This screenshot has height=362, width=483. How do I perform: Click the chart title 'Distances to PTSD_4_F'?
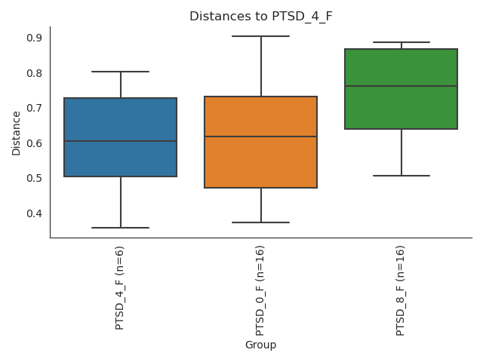click(x=260, y=16)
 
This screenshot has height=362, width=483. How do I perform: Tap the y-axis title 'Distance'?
click(x=17, y=133)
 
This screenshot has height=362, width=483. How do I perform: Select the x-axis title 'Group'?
click(x=260, y=345)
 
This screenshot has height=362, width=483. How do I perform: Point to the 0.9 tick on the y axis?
click(x=35, y=38)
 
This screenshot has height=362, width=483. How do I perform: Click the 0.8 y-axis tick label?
click(x=35, y=73)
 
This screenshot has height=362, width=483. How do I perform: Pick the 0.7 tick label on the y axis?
click(x=35, y=108)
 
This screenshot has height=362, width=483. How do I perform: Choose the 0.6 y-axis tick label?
click(x=35, y=143)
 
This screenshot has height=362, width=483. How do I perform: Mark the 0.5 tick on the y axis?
click(x=35, y=178)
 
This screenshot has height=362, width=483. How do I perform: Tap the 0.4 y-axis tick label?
click(x=35, y=213)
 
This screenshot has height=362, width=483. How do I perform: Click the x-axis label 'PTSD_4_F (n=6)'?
click(x=120, y=287)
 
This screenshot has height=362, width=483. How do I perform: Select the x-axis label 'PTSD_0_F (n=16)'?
click(x=260, y=290)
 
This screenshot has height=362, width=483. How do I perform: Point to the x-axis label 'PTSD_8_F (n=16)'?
click(x=401, y=290)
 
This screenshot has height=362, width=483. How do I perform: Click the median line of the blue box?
click(x=120, y=141)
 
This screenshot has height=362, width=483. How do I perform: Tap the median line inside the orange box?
click(x=260, y=137)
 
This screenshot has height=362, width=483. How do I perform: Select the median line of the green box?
click(x=401, y=86)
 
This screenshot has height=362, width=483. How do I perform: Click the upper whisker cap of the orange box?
click(x=260, y=36)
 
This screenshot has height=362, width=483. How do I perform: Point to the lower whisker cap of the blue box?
click(x=120, y=228)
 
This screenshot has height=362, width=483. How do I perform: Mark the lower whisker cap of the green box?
click(x=401, y=176)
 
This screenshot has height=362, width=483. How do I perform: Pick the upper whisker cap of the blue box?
click(x=120, y=72)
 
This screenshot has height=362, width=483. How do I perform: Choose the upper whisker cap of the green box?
click(x=401, y=42)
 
